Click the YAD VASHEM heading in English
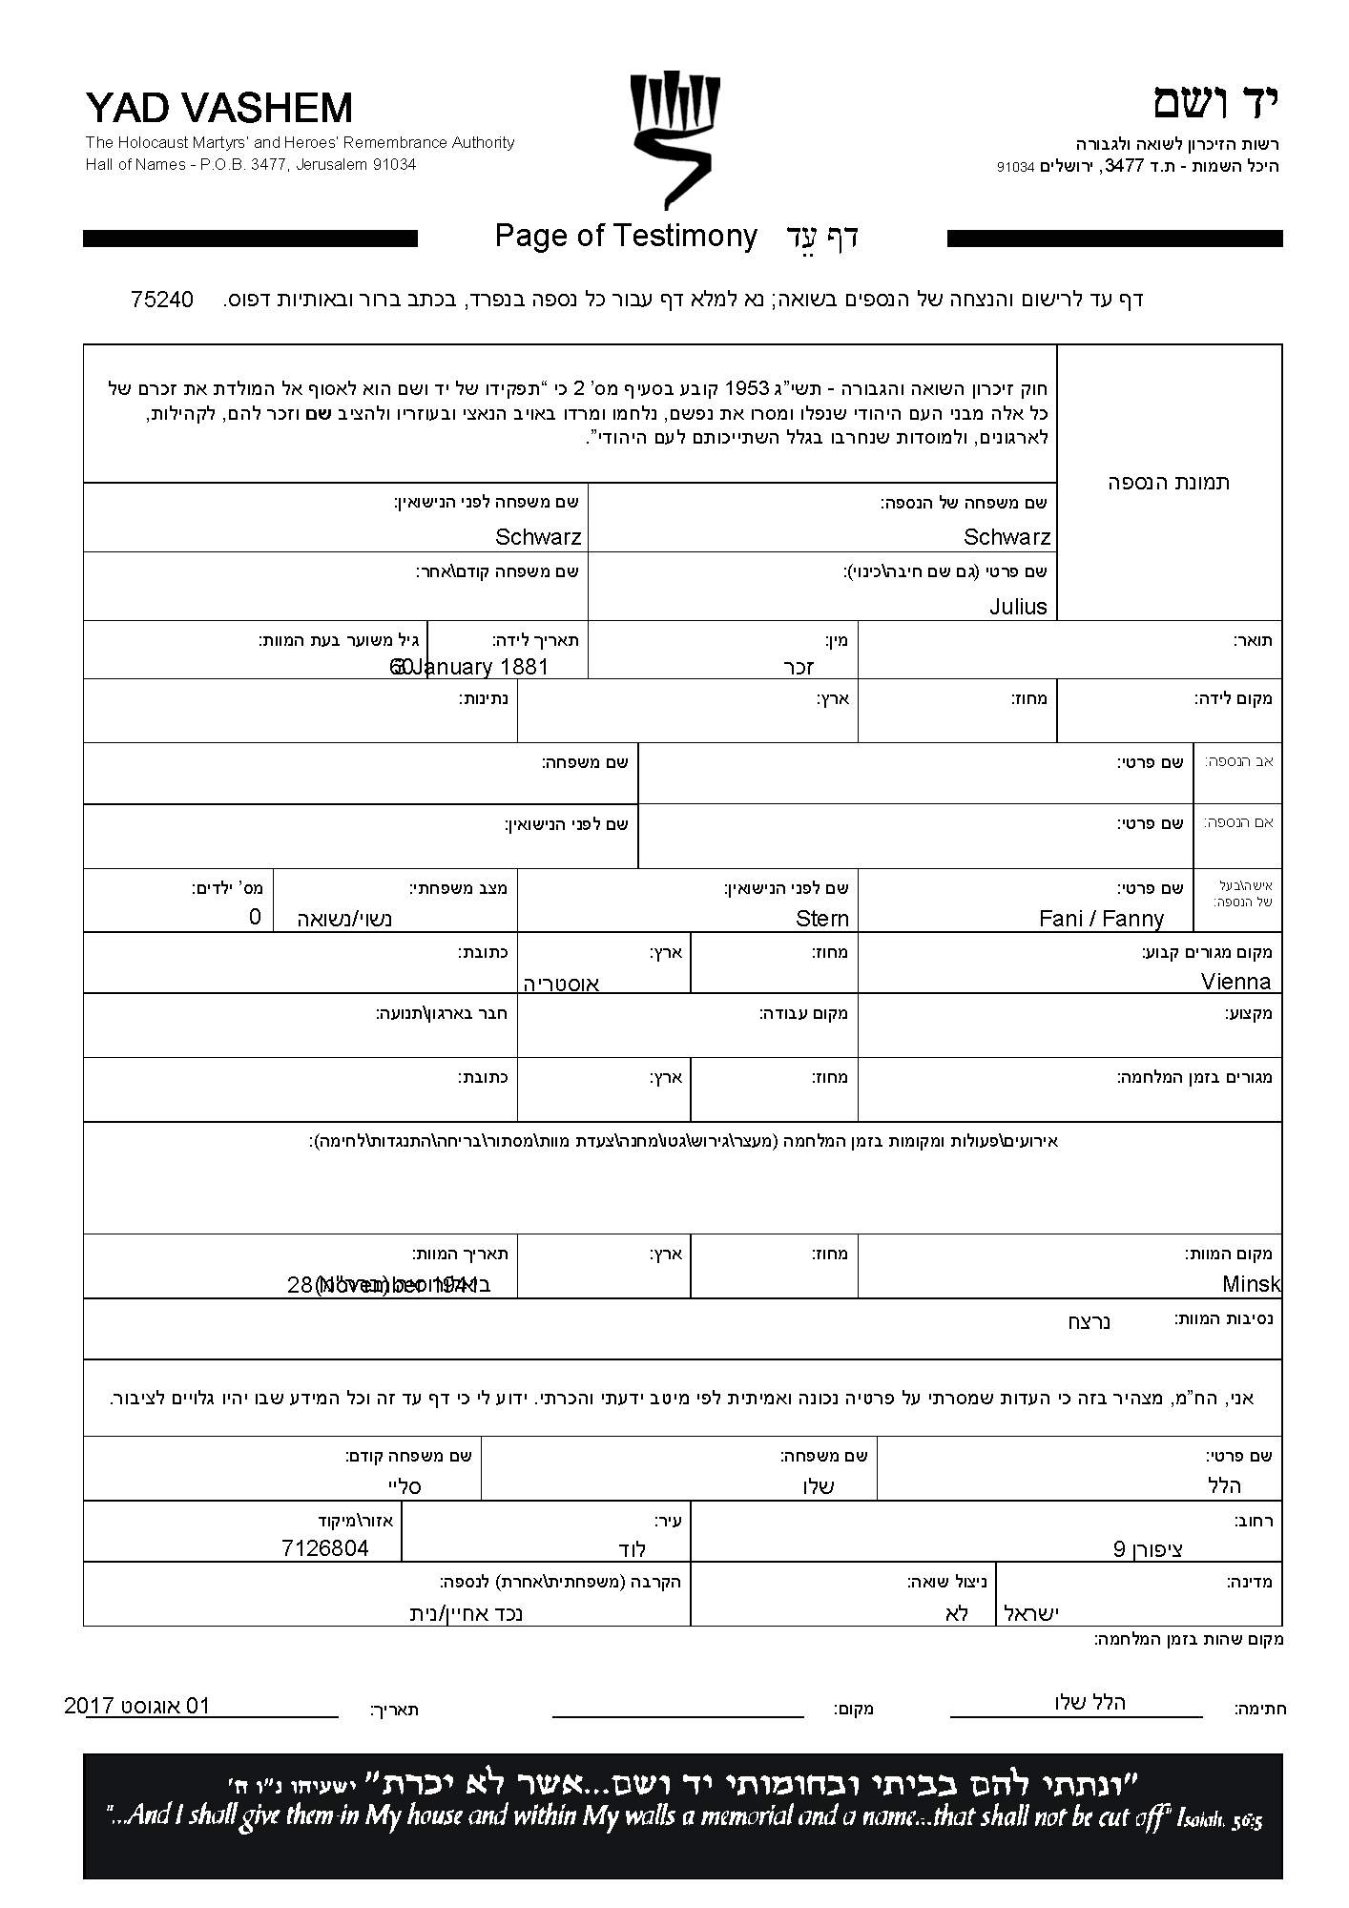click(218, 110)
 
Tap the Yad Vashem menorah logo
click(674, 138)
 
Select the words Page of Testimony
click(626, 236)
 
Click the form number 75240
click(162, 300)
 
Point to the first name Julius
click(1018, 607)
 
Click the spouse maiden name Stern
click(821, 919)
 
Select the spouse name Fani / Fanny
click(1101, 919)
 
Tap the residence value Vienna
click(1235, 982)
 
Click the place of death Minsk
click(1251, 1284)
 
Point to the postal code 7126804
click(324, 1547)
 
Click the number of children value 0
click(255, 917)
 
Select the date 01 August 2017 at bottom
click(137, 1706)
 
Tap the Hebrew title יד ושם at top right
click(1214, 104)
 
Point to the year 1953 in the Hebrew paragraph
click(749, 389)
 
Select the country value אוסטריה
click(561, 984)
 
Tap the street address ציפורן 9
click(1149, 1548)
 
